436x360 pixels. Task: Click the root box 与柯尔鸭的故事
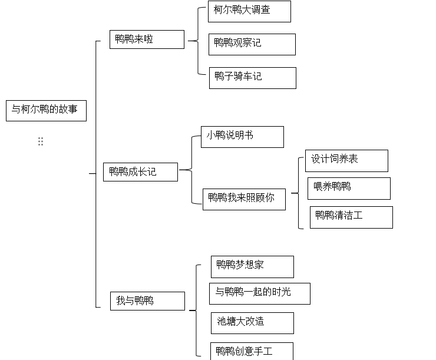coord(46,111)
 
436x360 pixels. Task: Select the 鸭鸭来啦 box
coord(147,39)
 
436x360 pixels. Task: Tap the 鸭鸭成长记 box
coord(140,172)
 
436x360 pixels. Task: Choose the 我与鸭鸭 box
coord(147,301)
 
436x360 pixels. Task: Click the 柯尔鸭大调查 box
coord(249,11)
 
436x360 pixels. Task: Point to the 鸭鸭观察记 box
coord(252,44)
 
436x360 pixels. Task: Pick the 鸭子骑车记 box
coord(253,78)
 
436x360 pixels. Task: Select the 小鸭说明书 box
coord(243,137)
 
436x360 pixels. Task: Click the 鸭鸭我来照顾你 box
coord(244,199)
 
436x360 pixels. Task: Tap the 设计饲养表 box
coord(346,161)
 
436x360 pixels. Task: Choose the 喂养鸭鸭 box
coord(349,189)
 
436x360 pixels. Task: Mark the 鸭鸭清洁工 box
coord(351,217)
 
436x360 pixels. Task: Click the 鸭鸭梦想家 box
coord(252,267)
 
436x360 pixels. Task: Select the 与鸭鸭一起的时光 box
coord(260,293)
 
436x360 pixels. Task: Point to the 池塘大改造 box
coord(252,323)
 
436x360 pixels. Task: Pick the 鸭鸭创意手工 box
coord(252,351)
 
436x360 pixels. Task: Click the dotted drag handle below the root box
coord(41,141)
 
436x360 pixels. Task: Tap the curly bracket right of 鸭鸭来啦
coord(198,41)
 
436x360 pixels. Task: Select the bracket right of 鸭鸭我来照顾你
coord(299,193)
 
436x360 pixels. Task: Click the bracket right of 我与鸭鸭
coord(196,311)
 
